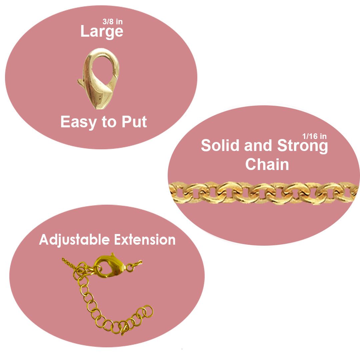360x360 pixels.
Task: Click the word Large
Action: click(102, 32)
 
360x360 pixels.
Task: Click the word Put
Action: click(134, 122)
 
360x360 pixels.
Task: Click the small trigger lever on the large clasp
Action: click(81, 82)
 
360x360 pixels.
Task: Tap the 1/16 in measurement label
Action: click(314, 136)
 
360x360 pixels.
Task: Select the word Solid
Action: click(220, 146)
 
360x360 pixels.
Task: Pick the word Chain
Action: click(267, 164)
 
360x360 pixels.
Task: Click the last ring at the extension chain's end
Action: click(148, 311)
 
